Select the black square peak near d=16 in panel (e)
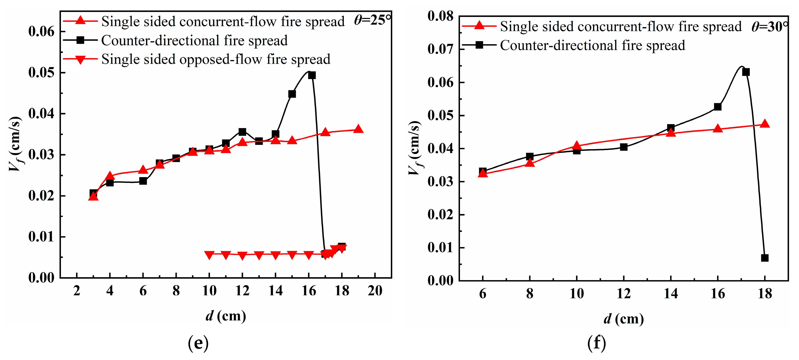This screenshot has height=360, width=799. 312,75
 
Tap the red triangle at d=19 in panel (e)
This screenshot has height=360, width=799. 358,129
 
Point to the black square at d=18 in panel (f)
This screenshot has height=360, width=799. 765,258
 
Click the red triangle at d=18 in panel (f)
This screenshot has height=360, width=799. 765,124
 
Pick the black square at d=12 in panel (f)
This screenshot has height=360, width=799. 624,147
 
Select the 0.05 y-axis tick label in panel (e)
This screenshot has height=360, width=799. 41,72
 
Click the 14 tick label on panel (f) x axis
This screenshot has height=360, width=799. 671,293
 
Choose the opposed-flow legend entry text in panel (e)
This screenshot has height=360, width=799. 216,59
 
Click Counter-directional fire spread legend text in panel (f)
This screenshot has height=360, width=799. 592,46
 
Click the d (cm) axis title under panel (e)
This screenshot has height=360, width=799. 226,316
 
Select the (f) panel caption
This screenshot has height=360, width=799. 597,343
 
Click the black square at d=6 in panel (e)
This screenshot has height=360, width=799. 143,181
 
